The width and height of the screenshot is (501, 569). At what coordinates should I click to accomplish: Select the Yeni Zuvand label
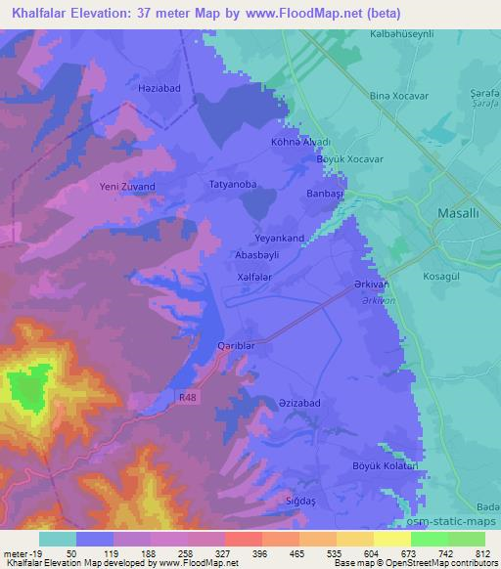coord(128,186)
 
